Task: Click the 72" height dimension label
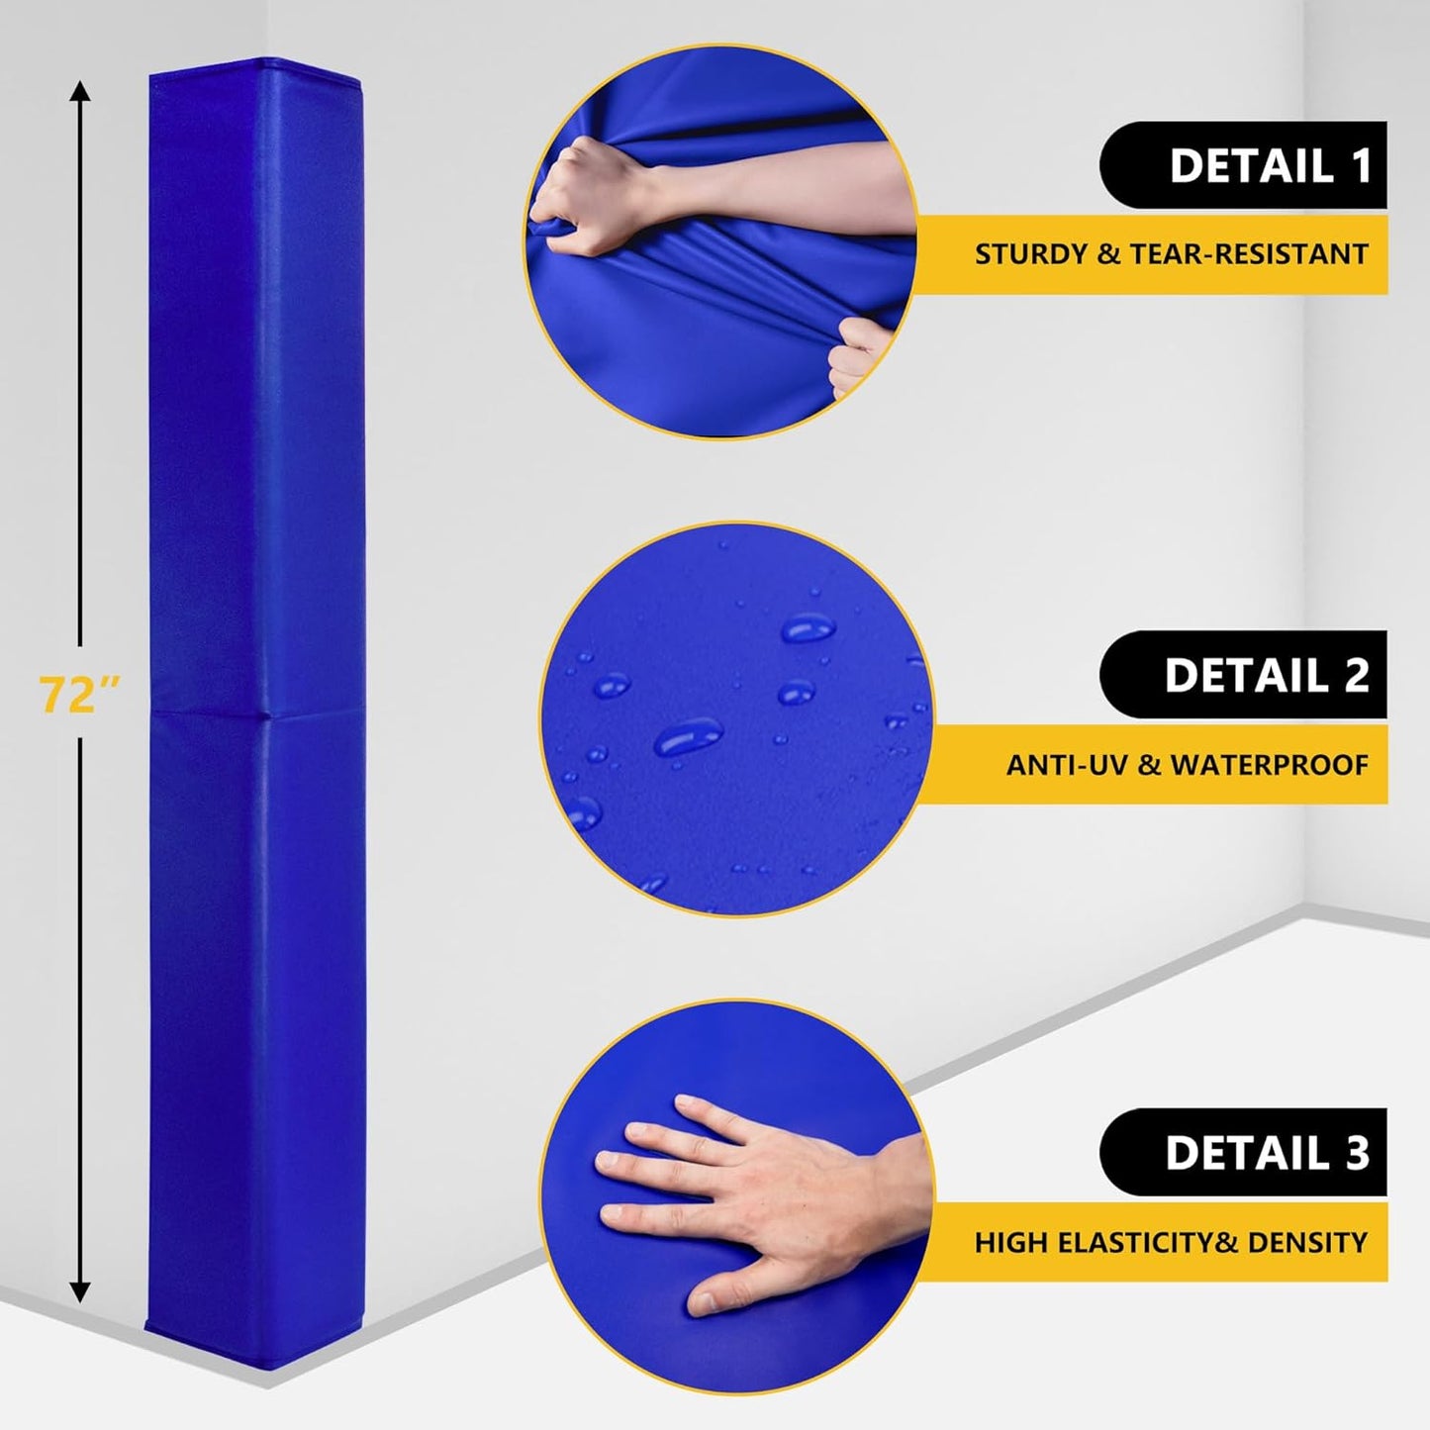click(x=79, y=694)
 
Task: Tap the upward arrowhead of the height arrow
click(x=80, y=93)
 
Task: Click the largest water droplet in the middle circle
click(x=688, y=737)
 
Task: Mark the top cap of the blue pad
click(x=255, y=66)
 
